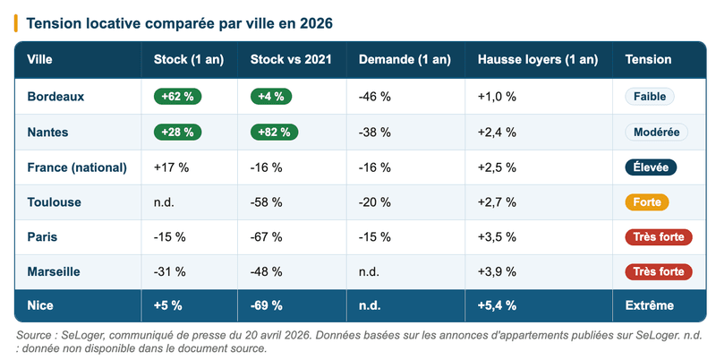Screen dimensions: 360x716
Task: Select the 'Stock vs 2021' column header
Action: pyautogui.click(x=291, y=59)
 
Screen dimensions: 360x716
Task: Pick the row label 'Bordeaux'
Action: pyautogui.click(x=55, y=97)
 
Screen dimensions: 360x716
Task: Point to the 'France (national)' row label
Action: pyautogui.click(x=77, y=167)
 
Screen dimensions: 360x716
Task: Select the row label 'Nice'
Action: pyautogui.click(x=41, y=305)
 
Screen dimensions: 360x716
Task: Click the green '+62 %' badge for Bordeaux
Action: pyautogui.click(x=178, y=97)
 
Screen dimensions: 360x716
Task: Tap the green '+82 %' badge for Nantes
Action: pyautogui.click(x=274, y=132)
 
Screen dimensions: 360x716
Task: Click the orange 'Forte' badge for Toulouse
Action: pyautogui.click(x=646, y=201)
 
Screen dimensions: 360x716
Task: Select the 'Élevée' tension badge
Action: pyautogui.click(x=651, y=167)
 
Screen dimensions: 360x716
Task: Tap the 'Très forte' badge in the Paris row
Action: pyautogui.click(x=658, y=236)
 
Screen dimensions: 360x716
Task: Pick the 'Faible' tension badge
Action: pyautogui.click(x=650, y=97)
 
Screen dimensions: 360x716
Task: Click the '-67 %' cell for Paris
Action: pyautogui.click(x=267, y=236)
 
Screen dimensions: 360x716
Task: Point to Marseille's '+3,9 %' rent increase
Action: pyautogui.click(x=497, y=271)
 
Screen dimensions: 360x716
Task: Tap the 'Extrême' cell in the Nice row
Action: pyautogui.click(x=649, y=305)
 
